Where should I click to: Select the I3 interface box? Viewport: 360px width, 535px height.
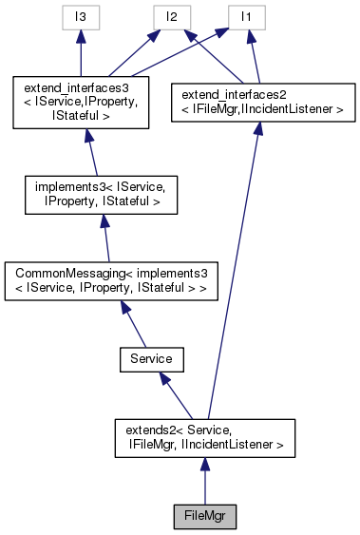[82, 16]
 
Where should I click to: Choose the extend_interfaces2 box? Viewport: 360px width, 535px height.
[256, 103]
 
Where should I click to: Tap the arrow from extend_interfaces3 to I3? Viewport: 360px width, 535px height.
[82, 53]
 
